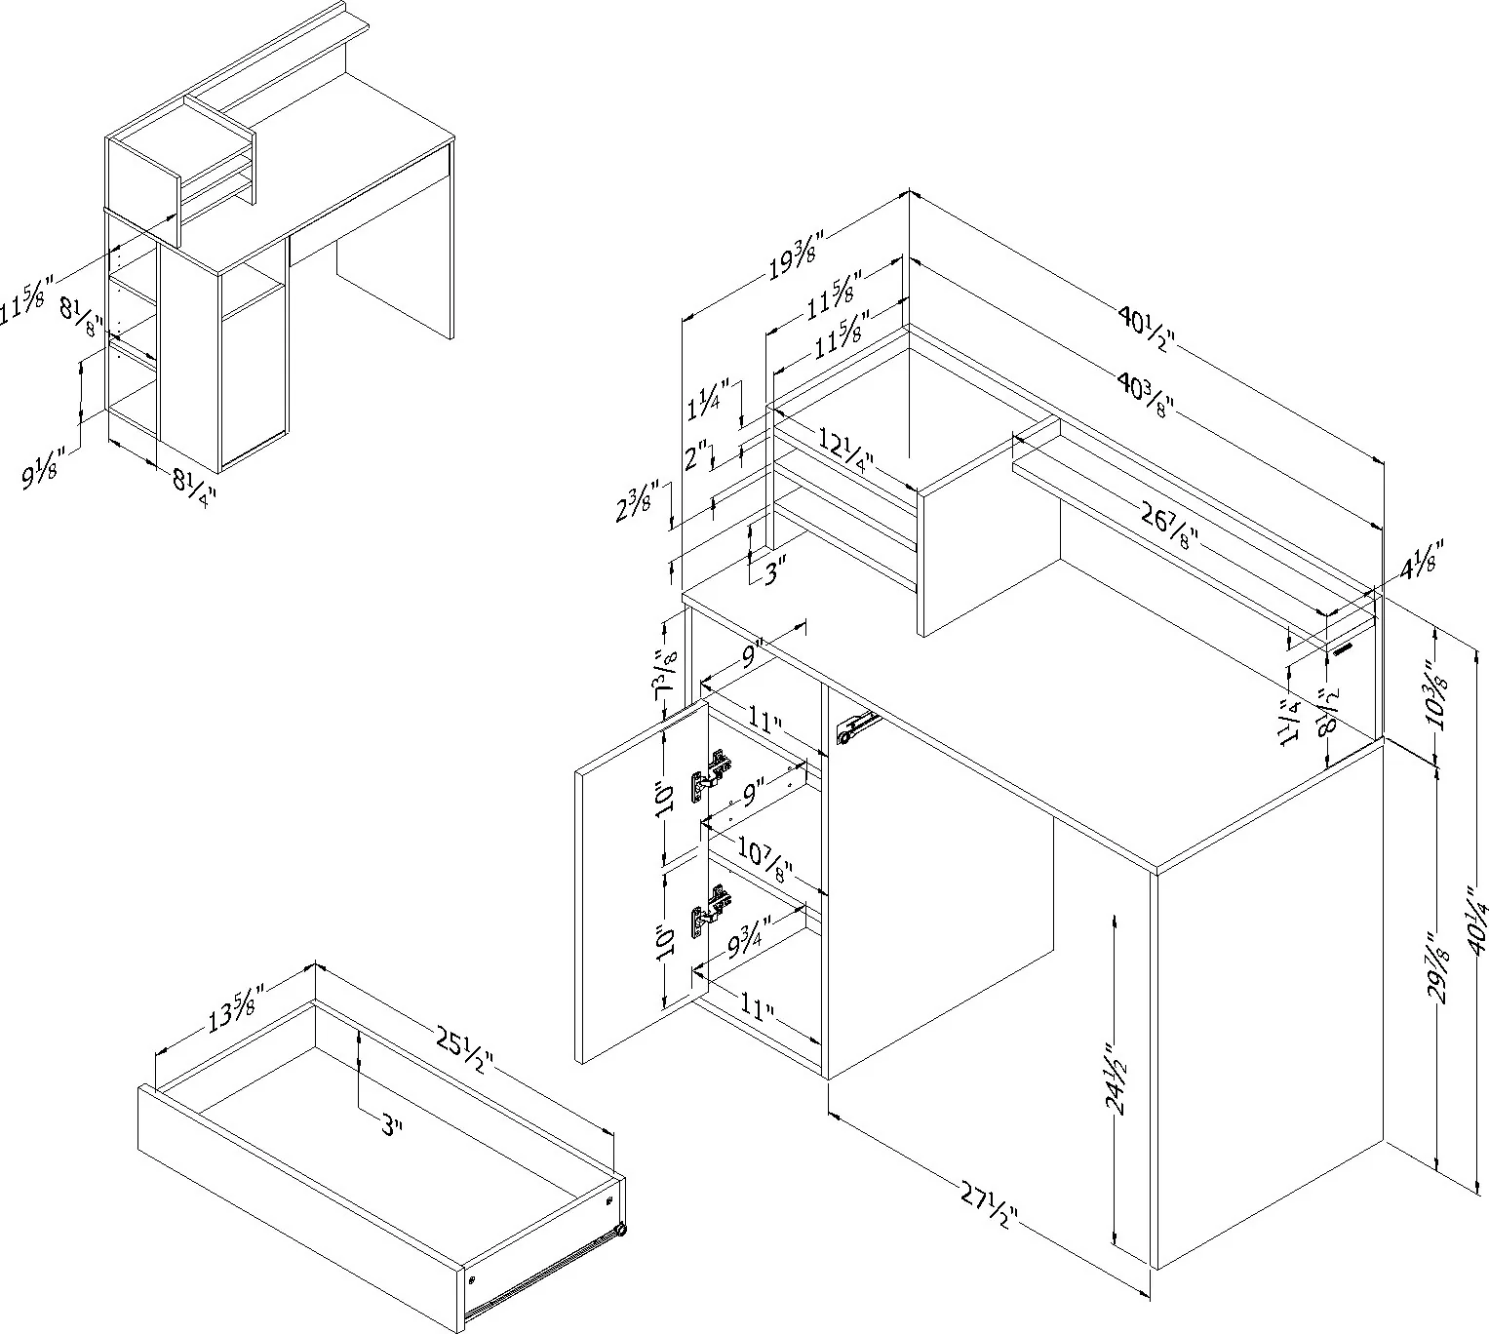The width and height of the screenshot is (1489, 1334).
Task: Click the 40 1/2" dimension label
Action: pyautogui.click(x=1148, y=330)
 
